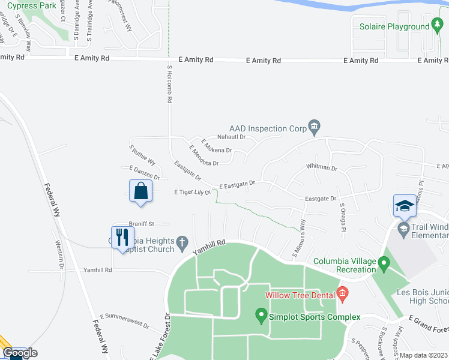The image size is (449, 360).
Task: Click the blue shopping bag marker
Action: [x=140, y=191]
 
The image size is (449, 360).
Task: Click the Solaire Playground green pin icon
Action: [x=435, y=26]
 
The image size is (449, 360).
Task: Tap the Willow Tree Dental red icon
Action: [x=343, y=294]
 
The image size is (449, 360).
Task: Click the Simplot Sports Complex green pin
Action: [x=261, y=314]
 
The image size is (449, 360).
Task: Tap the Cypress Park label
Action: [x=31, y=5]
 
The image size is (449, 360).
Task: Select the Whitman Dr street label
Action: [x=321, y=167]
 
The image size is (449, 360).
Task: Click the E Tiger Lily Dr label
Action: [x=192, y=192]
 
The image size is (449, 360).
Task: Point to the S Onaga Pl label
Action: [x=343, y=217]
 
